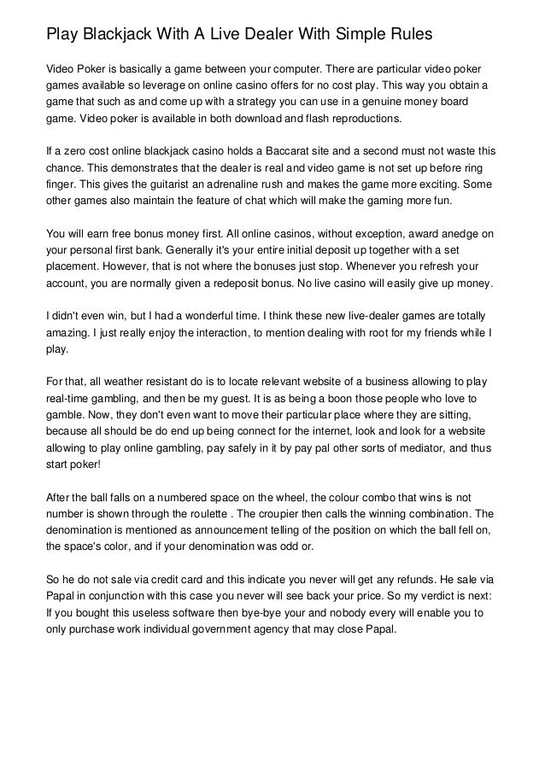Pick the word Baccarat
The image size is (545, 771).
[x=274, y=149]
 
